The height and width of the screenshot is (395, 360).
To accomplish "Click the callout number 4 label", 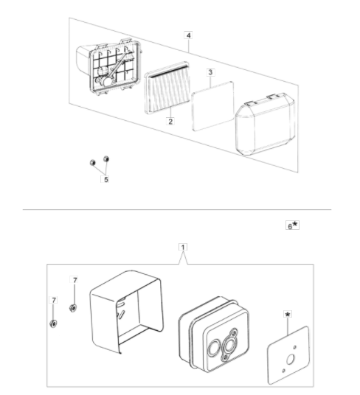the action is [189, 35].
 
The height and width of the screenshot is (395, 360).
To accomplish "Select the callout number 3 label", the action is [210, 72].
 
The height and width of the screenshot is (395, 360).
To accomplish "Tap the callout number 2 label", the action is [170, 121].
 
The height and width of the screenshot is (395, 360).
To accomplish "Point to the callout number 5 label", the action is [105, 179].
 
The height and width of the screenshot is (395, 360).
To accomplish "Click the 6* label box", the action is [292, 226].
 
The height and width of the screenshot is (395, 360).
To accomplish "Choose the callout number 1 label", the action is [183, 247].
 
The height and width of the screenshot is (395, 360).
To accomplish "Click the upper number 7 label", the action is [75, 280].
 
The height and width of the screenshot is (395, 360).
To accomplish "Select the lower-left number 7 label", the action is [53, 300].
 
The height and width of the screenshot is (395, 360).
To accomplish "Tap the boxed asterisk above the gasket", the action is [288, 315].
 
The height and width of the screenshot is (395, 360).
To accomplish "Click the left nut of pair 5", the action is [92, 163].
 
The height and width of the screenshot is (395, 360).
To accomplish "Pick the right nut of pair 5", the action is [106, 159].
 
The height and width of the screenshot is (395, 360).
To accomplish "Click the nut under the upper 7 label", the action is [73, 308].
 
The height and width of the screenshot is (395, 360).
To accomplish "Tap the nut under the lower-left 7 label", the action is [53, 324].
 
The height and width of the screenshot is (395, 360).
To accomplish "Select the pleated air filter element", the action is [167, 88].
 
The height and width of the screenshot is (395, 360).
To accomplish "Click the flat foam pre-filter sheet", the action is [212, 106].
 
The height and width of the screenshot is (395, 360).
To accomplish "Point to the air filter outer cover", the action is [265, 124].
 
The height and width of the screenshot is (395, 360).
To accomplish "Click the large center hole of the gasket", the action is [290, 360].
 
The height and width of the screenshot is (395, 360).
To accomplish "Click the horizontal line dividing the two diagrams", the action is [177, 209].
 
